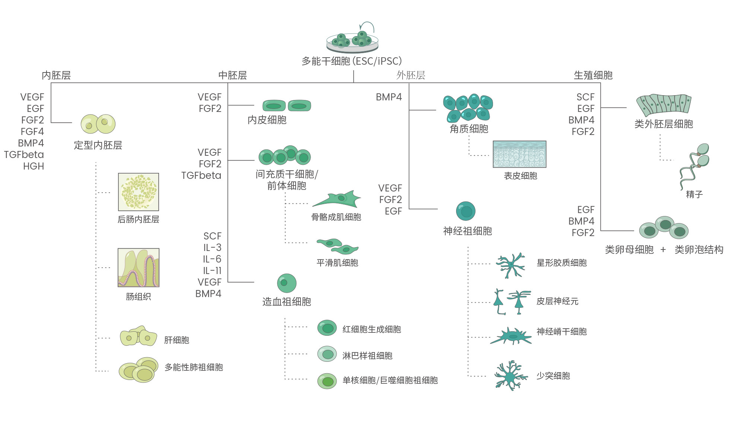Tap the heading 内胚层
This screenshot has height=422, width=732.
[56, 75]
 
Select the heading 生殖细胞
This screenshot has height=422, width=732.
[593, 75]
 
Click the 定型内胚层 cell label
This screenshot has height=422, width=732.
[98, 145]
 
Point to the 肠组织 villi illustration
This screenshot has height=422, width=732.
[139, 268]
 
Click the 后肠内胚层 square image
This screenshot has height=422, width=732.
[139, 192]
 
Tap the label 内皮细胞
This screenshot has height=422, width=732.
[267, 120]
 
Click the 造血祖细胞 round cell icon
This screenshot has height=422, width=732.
[286, 283]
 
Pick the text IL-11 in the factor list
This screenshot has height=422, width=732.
[212, 271]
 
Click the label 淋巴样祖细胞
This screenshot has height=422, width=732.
[367, 356]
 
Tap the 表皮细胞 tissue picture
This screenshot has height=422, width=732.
[519, 154]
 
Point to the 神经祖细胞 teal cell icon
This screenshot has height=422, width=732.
[465, 211]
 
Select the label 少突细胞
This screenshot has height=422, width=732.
[553, 376]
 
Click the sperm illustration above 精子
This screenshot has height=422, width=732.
[694, 165]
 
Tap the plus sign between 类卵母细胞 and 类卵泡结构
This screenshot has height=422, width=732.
[663, 249]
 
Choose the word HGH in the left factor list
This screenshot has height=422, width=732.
[34, 166]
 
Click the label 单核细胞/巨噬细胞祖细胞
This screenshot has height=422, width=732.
[390, 380]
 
